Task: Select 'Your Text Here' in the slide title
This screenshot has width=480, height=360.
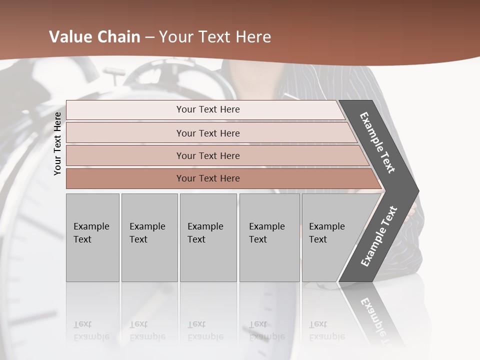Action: pyautogui.click(x=215, y=37)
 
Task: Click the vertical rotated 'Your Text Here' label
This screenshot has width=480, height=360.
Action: pyautogui.click(x=57, y=143)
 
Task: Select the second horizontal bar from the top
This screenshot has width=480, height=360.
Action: pyautogui.click(x=207, y=133)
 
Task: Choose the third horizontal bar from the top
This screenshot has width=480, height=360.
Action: pyautogui.click(x=207, y=155)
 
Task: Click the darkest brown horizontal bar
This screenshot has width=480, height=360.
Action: pyautogui.click(x=207, y=178)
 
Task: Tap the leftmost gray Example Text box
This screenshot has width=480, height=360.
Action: pyautogui.click(x=92, y=237)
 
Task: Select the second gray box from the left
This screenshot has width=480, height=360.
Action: pyautogui.click(x=149, y=237)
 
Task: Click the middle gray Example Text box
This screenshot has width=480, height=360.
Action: pyautogui.click(x=208, y=237)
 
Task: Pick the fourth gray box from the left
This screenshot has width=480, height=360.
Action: pyautogui.click(x=269, y=237)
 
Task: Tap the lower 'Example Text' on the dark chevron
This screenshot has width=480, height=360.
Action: pyautogui.click(x=379, y=236)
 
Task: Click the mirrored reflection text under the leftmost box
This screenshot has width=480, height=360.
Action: pyautogui.click(x=90, y=330)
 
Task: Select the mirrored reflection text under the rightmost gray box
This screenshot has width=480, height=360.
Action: pyautogui.click(x=327, y=330)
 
